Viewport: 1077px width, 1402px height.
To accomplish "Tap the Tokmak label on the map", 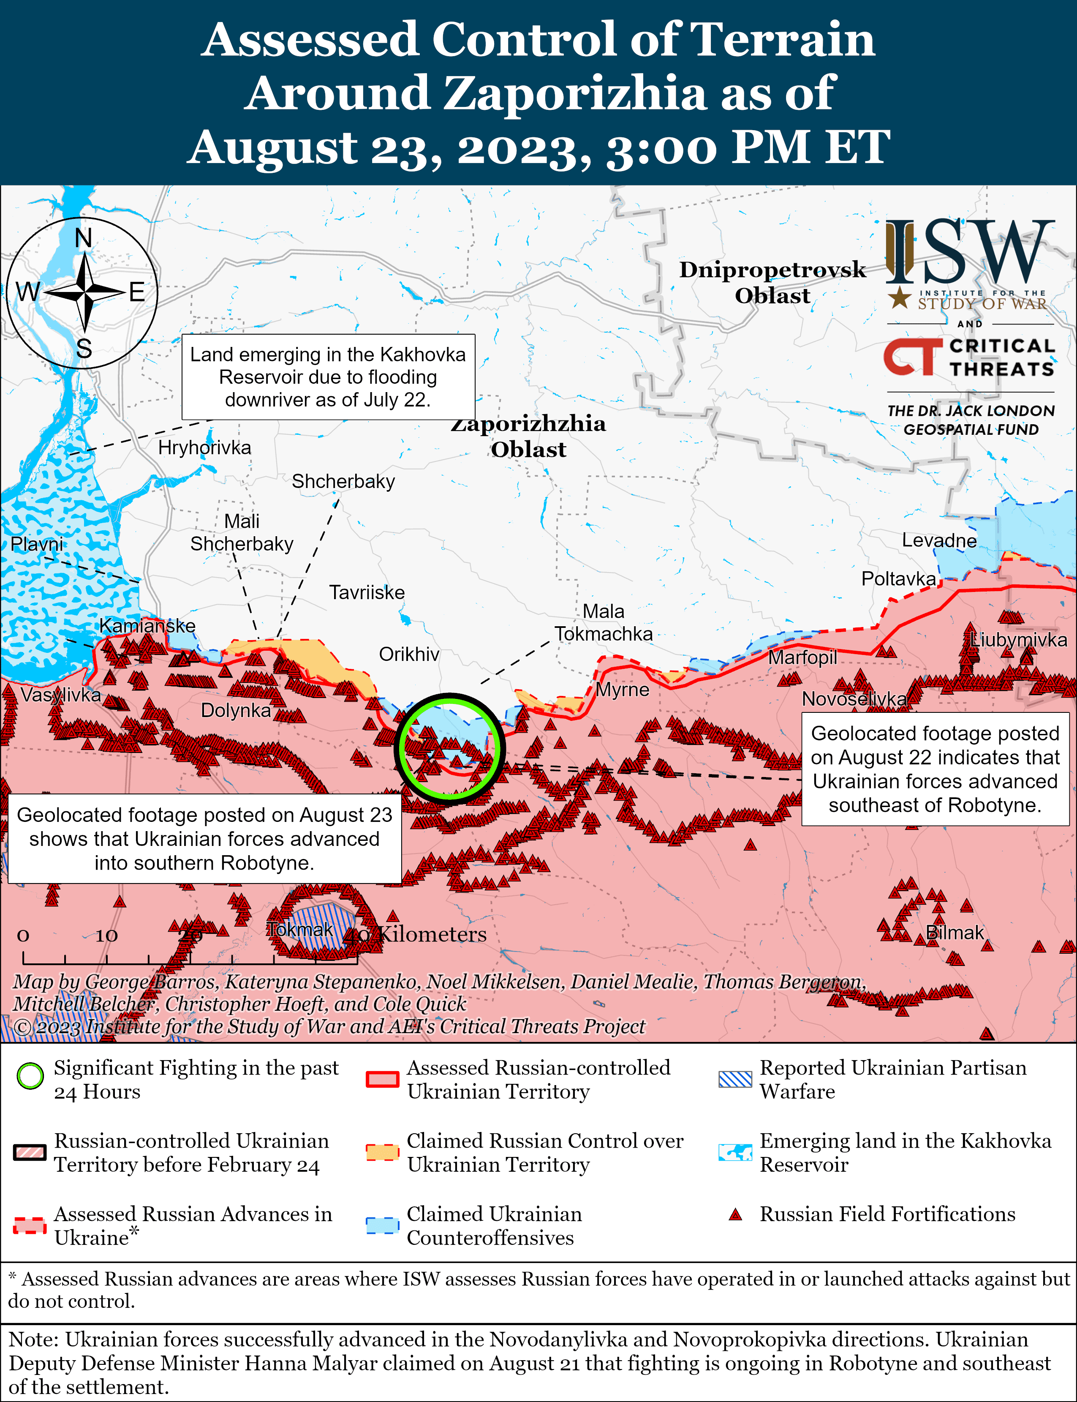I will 300,929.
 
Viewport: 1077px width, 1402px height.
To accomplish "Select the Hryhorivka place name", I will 204,447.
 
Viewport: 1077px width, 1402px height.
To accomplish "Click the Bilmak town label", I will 955,933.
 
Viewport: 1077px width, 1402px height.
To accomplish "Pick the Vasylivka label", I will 60,695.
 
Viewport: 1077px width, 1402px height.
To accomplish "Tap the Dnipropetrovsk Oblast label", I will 772,282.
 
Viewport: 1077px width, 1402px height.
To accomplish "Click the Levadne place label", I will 939,541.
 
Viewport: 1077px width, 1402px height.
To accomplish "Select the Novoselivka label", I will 854,699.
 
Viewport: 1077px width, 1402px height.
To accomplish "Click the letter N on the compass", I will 83,239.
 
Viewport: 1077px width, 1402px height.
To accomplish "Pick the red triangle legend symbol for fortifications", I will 735,1214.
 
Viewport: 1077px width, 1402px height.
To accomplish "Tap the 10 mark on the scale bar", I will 106,936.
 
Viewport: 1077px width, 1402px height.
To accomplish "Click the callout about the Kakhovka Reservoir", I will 328,377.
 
